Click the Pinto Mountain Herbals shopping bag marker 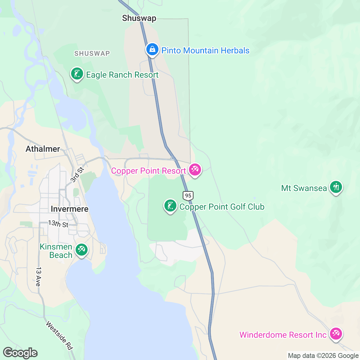[x=152, y=49]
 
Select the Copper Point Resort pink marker [x=195, y=170]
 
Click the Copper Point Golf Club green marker [x=170, y=206]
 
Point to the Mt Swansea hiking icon [x=336, y=187]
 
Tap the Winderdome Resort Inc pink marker [x=336, y=334]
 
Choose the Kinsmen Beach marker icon [x=81, y=250]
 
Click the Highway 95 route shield [x=188, y=196]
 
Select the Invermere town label [x=70, y=209]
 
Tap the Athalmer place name [x=43, y=149]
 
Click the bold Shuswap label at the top [x=139, y=18]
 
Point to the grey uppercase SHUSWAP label [x=92, y=53]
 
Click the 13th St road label [x=58, y=224]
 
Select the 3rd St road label [x=77, y=175]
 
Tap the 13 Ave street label [x=38, y=277]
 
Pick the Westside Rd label [x=59, y=335]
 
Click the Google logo [x=20, y=353]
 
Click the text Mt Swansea [x=304, y=188]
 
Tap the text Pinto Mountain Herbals [x=205, y=50]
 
